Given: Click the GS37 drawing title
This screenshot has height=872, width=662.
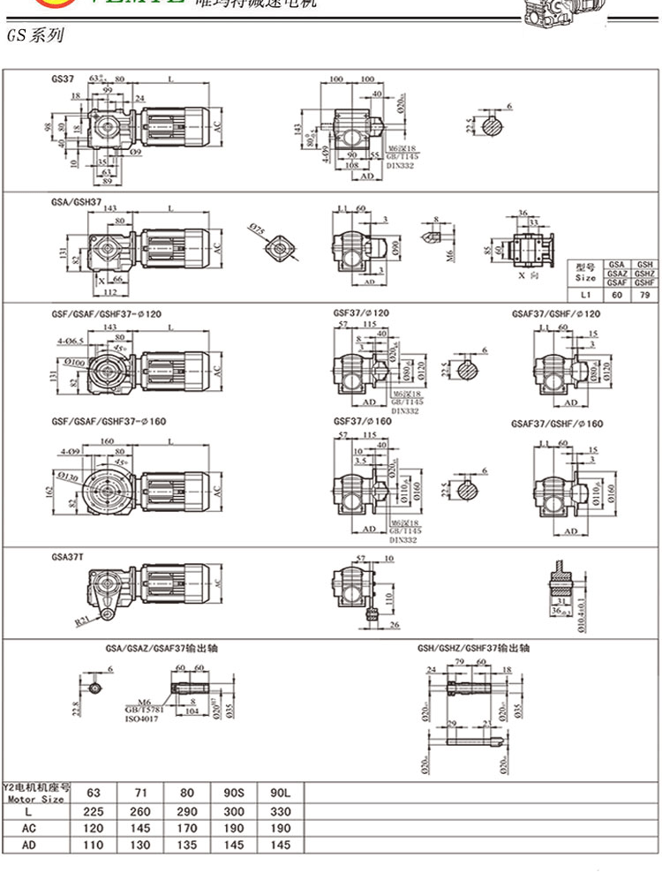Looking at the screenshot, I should tap(63, 78).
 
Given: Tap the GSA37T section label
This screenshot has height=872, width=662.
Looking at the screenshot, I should tap(67, 557).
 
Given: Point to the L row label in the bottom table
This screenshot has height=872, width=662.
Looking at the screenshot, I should tap(29, 811).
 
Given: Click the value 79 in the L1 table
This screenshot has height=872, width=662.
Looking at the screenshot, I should tap(645, 296).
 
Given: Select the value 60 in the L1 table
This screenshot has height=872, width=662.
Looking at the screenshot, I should tap(618, 296).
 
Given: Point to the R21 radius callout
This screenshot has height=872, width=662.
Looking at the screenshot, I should tap(81, 620).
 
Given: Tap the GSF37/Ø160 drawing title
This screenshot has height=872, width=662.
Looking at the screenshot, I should tap(362, 422).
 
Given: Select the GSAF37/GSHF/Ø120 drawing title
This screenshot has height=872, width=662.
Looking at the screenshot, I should tap(556, 314).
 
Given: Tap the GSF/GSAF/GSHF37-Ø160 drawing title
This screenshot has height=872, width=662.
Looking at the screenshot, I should tap(107, 422).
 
